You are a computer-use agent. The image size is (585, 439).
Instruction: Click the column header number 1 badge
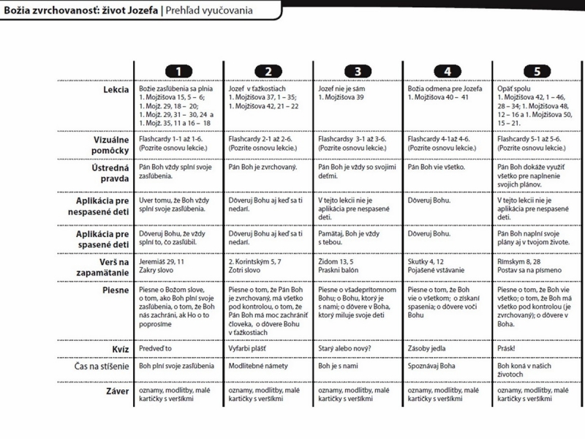179,71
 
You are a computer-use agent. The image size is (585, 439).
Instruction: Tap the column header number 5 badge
537,71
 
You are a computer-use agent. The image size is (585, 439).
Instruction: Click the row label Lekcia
116,89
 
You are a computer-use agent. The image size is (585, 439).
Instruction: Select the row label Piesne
115,290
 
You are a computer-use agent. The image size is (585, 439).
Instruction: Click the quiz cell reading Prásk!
510,348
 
